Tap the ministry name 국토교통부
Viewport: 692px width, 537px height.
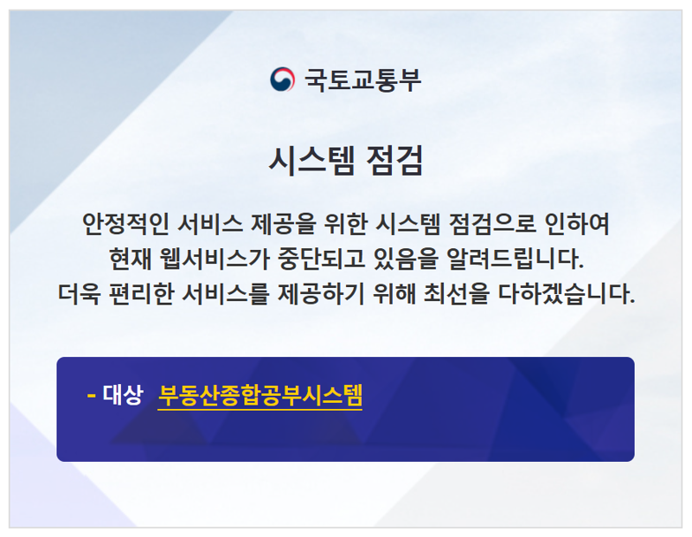362,80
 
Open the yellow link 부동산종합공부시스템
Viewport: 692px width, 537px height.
259,396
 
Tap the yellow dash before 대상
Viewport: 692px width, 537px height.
91,396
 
